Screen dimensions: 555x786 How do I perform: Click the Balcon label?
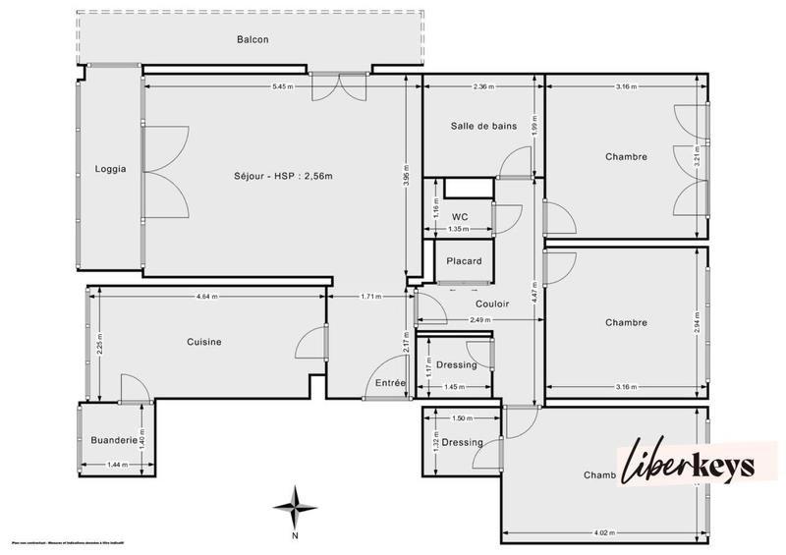tap(253, 40)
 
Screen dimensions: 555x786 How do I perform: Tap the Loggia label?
tap(110, 169)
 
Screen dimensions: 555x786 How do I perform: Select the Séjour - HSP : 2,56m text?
tap(284, 177)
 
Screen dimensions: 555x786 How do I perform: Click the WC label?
tap(459, 216)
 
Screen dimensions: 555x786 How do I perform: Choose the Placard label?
tap(464, 261)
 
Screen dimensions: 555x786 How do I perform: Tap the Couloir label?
tap(492, 305)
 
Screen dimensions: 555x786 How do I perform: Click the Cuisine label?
tap(204, 342)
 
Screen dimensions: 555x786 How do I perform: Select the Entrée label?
tap(385, 383)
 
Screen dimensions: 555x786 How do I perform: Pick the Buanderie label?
tap(111, 440)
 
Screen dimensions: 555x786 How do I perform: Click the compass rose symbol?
tap(293, 506)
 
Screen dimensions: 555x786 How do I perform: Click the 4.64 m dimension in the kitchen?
tap(206, 297)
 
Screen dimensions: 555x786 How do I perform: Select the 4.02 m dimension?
tap(602, 534)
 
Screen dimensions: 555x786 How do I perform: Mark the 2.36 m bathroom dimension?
tap(482, 87)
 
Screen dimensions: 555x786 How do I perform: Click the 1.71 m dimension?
tap(370, 297)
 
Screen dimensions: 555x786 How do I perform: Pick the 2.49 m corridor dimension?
tap(480, 320)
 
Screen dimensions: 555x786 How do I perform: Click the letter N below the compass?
tap(294, 537)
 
